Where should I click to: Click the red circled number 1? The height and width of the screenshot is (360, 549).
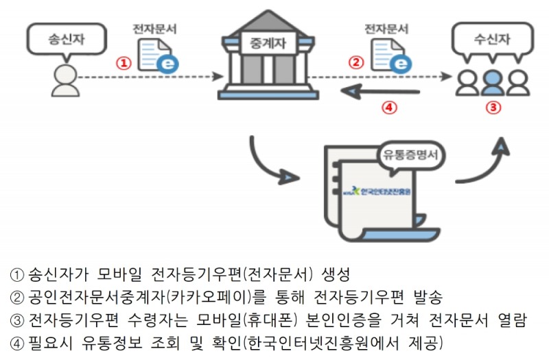124,63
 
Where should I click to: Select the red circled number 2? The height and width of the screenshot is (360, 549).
355,62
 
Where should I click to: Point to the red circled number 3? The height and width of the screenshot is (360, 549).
493,107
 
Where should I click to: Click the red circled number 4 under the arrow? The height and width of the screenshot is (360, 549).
388,108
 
